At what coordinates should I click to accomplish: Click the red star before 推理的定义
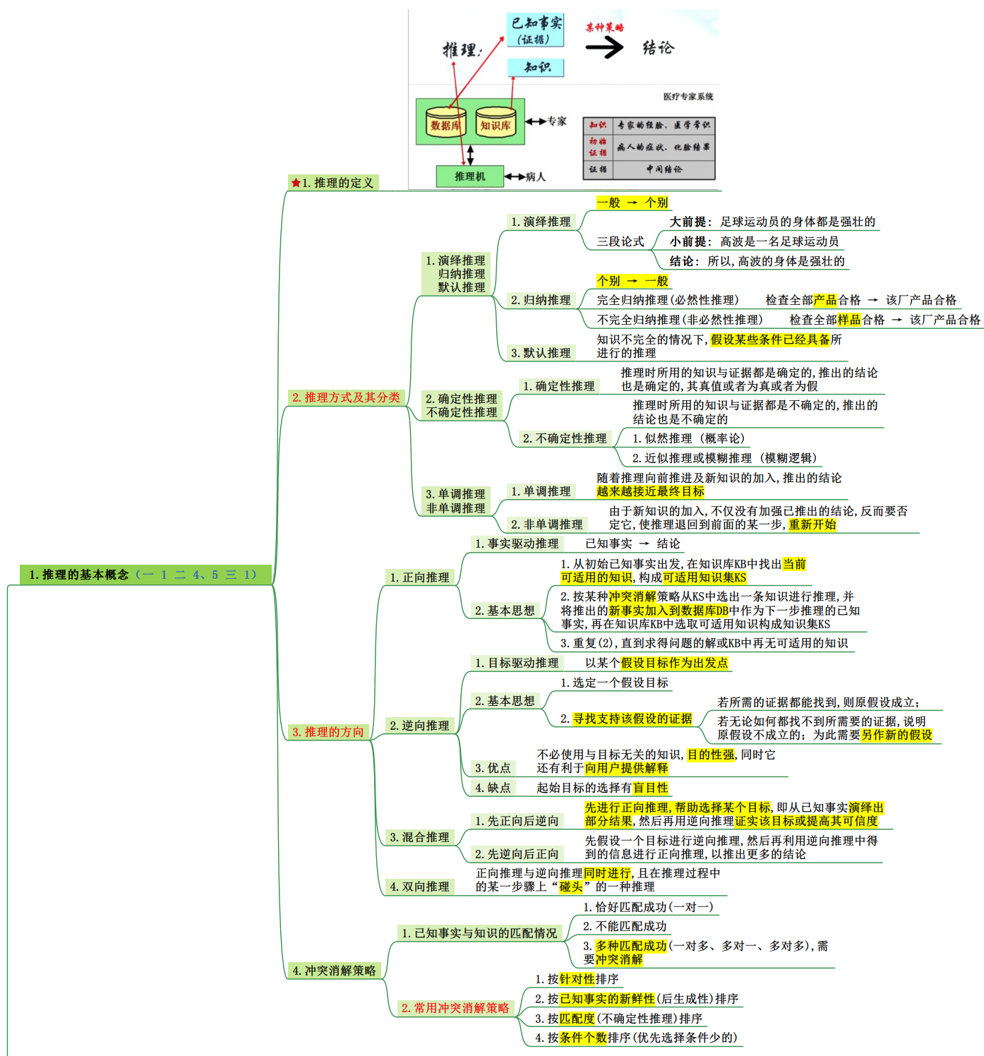point(296,183)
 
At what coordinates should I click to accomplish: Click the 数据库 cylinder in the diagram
point(445,124)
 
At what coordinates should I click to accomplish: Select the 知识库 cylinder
point(495,124)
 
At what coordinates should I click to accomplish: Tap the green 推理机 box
point(469,176)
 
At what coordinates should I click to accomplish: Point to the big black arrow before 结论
point(604,47)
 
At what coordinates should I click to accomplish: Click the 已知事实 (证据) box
point(536,30)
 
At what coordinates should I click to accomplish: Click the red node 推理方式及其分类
point(346,397)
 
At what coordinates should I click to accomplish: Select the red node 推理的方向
point(328,732)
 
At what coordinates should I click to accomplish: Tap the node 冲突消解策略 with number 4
point(334,971)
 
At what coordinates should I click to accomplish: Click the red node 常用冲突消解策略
point(455,1008)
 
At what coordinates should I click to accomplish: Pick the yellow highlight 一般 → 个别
point(632,203)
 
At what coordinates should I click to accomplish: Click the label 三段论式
point(620,241)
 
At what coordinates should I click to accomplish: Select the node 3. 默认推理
point(541,353)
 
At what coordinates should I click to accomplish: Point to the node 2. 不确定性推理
point(564,438)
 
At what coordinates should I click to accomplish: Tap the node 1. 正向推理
point(419,577)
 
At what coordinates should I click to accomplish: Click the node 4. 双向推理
point(419,887)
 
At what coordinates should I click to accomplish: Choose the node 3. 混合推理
point(419,837)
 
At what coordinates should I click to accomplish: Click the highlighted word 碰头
point(571,887)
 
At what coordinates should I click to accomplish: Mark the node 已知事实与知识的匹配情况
point(479,933)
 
